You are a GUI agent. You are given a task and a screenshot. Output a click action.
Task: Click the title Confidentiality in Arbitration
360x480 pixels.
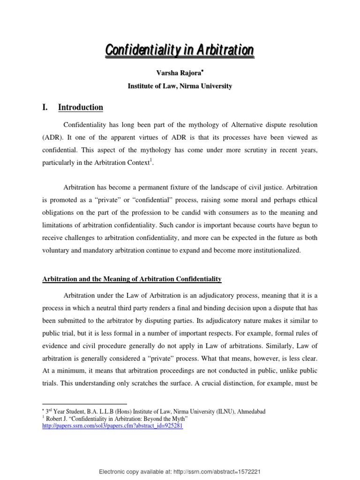180,50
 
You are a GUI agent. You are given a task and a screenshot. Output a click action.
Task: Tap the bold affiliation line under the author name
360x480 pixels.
180,86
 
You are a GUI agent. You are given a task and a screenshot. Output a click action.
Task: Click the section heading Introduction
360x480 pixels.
80,107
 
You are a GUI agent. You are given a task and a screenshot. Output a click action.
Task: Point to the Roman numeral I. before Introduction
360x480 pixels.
45,107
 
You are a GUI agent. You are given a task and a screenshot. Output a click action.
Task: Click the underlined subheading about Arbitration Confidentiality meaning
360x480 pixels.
132,279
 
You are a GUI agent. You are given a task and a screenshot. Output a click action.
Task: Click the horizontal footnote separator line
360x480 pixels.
84,404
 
